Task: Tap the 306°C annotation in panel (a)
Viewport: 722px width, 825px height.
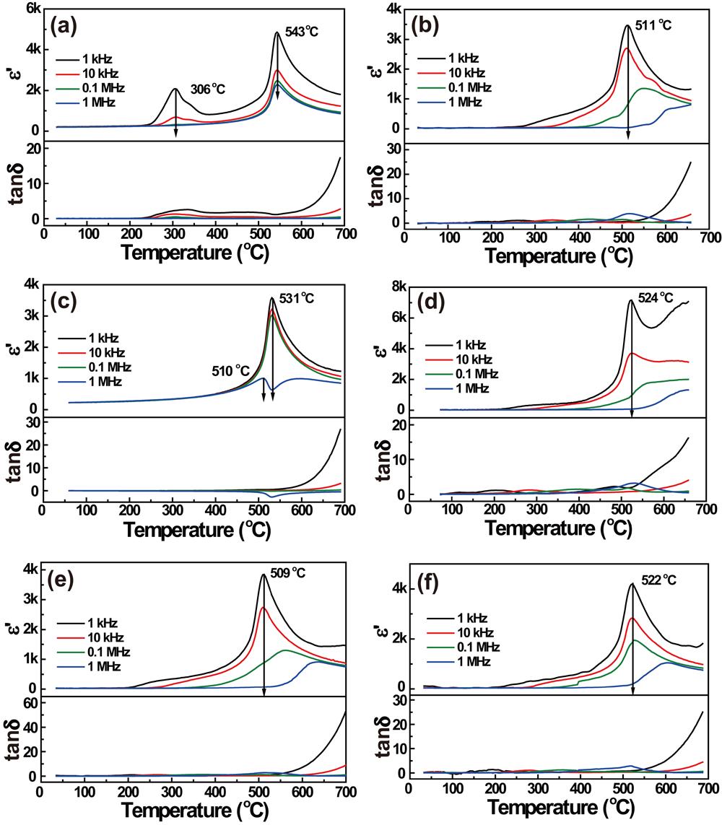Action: point(208,90)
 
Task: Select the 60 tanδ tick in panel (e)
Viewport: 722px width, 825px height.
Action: point(29,707)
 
